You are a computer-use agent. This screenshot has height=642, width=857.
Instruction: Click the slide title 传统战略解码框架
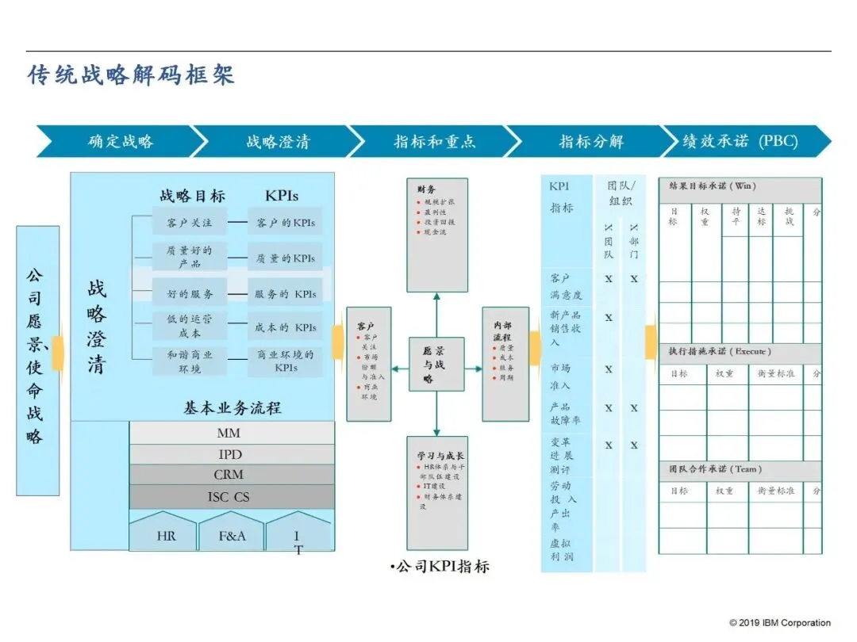[132, 76]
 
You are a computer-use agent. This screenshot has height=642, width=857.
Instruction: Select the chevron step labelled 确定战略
[121, 142]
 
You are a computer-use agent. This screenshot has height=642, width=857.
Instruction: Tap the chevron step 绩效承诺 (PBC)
[740, 142]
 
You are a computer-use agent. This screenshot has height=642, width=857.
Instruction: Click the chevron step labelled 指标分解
[591, 142]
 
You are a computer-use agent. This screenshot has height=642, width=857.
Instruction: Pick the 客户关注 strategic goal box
[190, 223]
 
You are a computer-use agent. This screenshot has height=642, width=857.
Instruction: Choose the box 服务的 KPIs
[285, 293]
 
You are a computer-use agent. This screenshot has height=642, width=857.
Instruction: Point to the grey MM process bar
[229, 434]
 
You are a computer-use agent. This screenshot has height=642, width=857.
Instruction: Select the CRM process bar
[229, 475]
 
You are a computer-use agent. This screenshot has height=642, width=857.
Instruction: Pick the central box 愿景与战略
[436, 365]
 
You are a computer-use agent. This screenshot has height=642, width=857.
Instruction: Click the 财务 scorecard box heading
[426, 189]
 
